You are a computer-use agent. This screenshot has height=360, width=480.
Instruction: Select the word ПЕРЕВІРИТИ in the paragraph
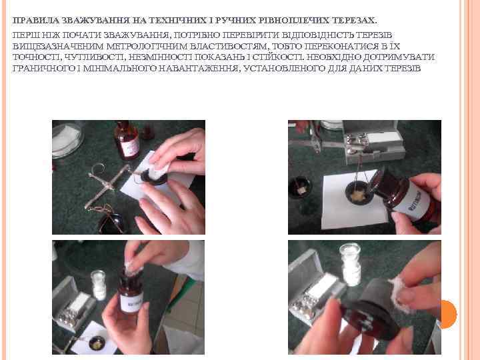pos(251,35)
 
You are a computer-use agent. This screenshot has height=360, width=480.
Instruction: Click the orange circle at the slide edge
pos(447,315)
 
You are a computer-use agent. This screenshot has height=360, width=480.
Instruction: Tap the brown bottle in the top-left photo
pos(127,140)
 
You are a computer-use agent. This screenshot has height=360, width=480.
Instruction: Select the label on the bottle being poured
pos(417,202)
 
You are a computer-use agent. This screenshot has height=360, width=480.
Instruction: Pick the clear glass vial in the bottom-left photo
pos(99,285)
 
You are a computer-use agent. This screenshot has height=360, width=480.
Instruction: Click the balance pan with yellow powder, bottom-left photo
pos(97,343)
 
